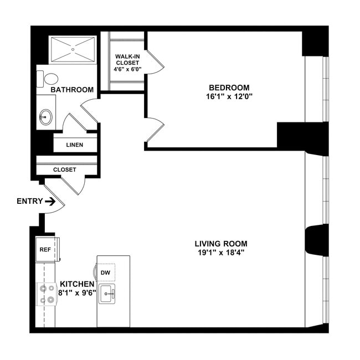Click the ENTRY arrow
50,202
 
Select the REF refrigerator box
45,250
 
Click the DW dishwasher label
105,273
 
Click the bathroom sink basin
45,117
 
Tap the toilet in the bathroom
50,79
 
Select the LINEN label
74,145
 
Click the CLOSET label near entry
65,169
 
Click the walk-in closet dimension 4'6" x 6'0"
127,69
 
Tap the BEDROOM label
229,88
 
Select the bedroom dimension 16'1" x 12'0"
229,96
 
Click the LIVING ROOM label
220,243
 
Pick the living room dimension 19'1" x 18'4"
220,253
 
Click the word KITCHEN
76,284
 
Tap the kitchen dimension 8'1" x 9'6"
78,292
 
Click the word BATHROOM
72,90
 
